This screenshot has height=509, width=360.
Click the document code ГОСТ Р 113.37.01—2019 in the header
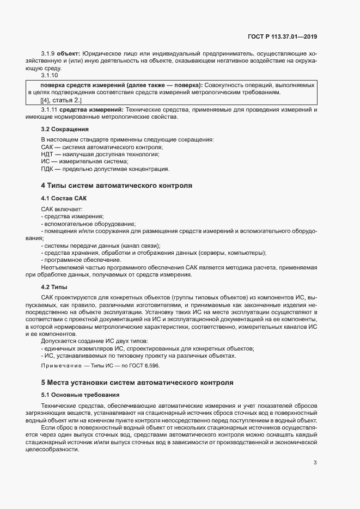tap(282, 36)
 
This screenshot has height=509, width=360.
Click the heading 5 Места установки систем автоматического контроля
tap(137, 382)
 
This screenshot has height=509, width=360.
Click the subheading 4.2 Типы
tap(54, 286)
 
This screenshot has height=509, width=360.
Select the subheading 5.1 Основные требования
tap(80, 394)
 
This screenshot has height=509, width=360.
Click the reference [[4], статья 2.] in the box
tap(60, 101)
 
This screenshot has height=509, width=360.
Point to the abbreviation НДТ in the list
tap(48, 154)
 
